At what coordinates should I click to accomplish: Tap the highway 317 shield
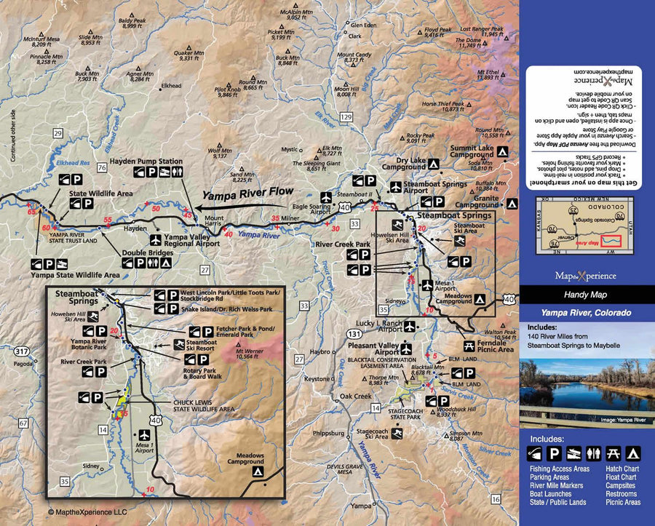(22, 351)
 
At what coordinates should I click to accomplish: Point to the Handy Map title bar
(586, 295)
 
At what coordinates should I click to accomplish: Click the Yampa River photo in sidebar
(586, 391)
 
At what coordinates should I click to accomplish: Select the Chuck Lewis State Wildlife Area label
(203, 405)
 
